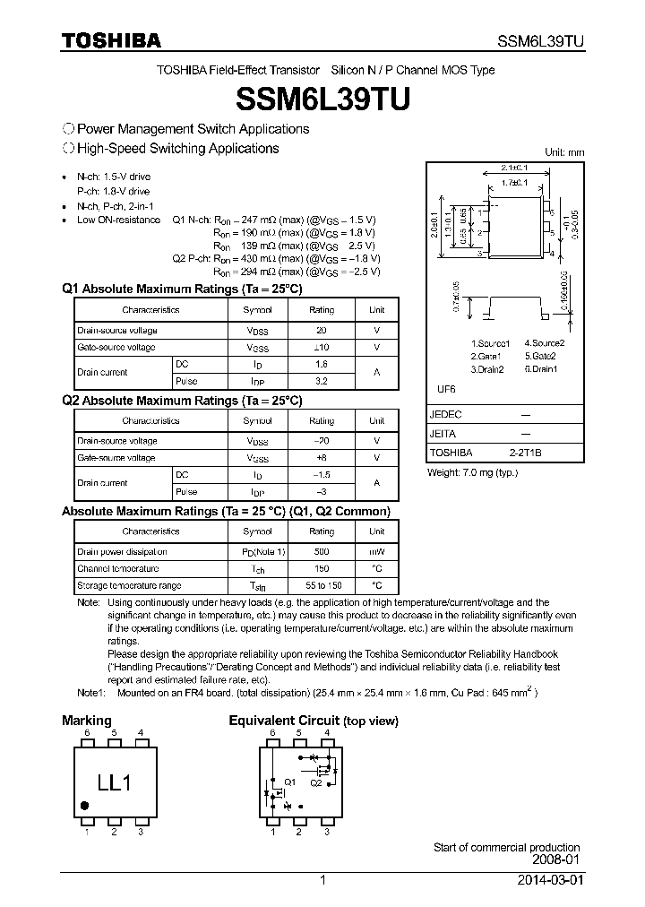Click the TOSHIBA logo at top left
tap(111, 40)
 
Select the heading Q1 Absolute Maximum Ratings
tap(182, 289)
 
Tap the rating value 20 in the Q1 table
tap(322, 331)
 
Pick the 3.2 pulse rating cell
tap(322, 381)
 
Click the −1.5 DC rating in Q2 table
tap(322, 475)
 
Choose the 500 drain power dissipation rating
tap(322, 552)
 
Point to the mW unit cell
tap(376, 552)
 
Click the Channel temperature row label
tap(117, 569)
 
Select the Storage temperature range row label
tap(128, 585)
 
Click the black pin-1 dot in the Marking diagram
tap(85, 806)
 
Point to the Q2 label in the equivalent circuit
tap(315, 782)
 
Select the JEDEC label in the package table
tap(446, 415)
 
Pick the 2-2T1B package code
tap(526, 453)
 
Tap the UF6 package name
tap(446, 390)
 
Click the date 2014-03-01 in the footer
tap(547, 881)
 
